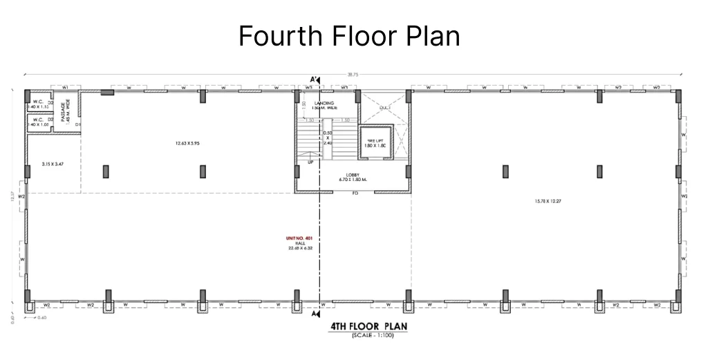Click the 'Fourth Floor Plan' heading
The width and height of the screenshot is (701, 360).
pyautogui.click(x=349, y=36)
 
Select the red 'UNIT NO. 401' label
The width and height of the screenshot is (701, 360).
pyautogui.click(x=300, y=238)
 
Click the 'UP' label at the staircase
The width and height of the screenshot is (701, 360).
pyautogui.click(x=310, y=162)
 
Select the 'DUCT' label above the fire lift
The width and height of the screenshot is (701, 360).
pyautogui.click(x=385, y=108)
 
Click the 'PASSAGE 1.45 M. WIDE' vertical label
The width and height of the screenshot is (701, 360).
pyautogui.click(x=64, y=112)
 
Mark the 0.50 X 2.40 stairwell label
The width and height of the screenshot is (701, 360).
pyautogui.click(x=329, y=138)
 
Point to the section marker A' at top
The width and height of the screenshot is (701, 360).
pyautogui.click(x=315, y=79)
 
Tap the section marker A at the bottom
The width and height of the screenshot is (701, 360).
pyautogui.click(x=316, y=314)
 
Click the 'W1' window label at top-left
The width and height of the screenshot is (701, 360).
pyautogui.click(x=64, y=88)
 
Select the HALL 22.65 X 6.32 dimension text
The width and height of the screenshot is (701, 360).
pyautogui.click(x=300, y=246)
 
